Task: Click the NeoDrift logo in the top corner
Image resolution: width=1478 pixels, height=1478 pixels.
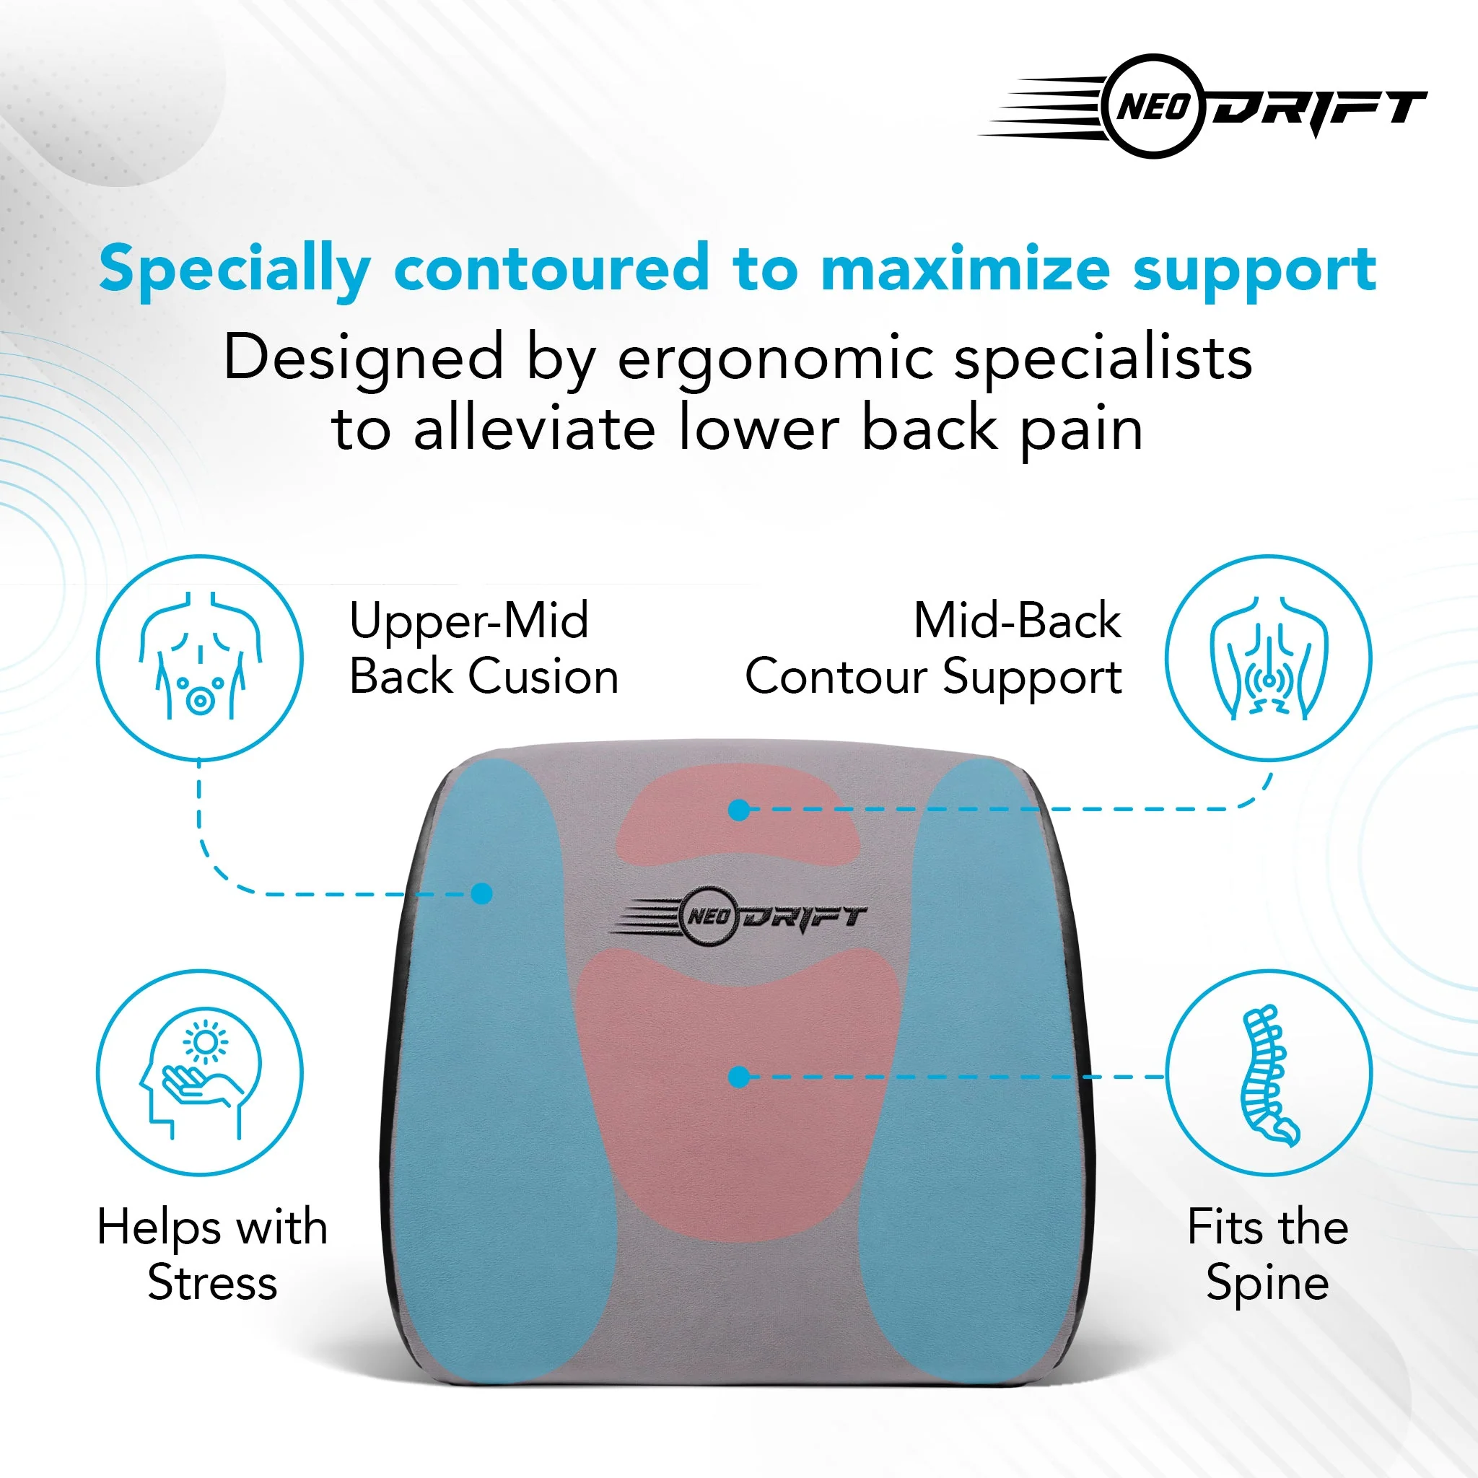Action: click(1203, 106)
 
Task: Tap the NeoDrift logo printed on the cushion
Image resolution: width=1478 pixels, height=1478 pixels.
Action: click(738, 915)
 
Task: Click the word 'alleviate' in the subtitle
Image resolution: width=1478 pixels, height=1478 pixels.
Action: click(534, 429)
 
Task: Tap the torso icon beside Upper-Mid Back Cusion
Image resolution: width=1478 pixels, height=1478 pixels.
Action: click(200, 658)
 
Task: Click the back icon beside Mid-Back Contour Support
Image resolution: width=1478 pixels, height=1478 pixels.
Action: click(1269, 658)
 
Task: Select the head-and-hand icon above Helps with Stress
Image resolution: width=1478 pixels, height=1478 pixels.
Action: click(200, 1072)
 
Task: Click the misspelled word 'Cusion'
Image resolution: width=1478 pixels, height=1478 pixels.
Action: click(543, 677)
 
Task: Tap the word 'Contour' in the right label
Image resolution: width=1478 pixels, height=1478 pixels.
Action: click(836, 677)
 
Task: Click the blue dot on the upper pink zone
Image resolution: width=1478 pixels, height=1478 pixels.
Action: click(739, 810)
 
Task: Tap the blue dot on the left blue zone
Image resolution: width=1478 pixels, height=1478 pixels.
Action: click(482, 893)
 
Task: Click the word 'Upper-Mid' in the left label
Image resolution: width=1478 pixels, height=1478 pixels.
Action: click(469, 621)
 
